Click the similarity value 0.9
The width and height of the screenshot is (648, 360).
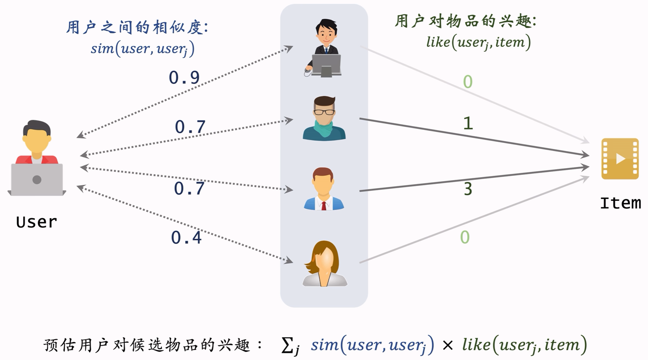184,78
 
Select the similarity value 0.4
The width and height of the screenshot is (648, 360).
186,237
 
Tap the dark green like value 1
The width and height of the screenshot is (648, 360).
468,123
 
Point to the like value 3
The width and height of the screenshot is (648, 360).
468,189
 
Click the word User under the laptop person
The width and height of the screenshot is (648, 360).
37,222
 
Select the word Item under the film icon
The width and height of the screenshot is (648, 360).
620,203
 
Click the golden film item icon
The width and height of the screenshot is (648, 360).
620,159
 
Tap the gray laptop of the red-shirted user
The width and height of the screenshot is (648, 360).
37,179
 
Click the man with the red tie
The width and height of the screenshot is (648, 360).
324,189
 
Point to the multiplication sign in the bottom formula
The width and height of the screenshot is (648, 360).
448,345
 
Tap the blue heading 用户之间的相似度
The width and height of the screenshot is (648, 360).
137,27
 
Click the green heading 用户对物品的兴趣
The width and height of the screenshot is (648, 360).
465,21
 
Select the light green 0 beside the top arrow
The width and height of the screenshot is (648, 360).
468,82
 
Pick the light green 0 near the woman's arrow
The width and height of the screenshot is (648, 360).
465,237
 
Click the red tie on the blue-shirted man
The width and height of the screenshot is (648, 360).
324,206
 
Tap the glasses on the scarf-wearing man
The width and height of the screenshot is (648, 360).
324,112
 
